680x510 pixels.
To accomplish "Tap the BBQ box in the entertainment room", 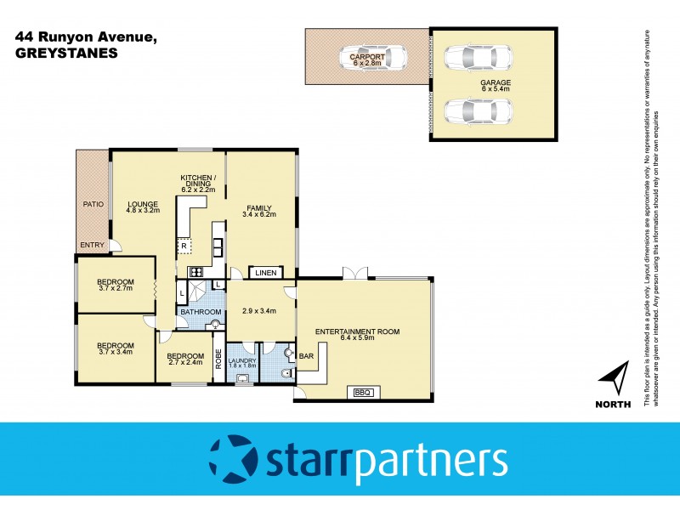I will pos(363,392).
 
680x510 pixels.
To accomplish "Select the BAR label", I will pos(305,356).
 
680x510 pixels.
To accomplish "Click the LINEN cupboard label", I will pos(266,273).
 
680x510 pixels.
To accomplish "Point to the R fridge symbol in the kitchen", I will pos(184,246).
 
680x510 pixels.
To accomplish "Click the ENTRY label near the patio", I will pos(92,246).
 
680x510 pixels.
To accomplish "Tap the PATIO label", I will pos(93,204).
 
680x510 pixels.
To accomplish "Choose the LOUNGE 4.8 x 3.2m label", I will pos(144,208).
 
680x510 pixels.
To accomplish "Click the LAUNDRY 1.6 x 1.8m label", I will pos(242,364).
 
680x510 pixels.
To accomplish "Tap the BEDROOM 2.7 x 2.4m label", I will pos(184,360).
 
